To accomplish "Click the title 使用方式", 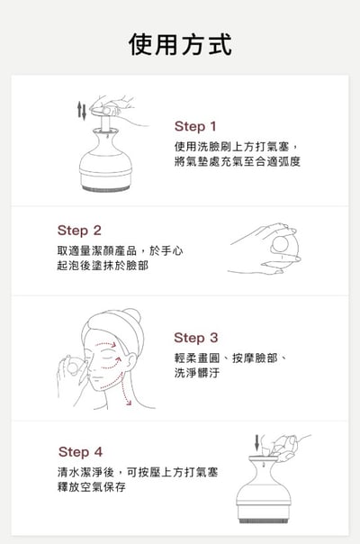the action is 180,45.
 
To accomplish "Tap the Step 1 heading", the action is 195,127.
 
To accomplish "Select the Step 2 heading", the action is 79,231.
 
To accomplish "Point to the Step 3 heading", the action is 196,338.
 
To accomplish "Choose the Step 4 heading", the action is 80,452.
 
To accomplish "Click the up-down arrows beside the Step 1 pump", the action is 82,111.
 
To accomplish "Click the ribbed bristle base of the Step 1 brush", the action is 106,188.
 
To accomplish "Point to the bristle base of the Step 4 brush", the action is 264,521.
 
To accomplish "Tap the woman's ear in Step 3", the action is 130,361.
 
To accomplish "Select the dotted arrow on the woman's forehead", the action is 105,345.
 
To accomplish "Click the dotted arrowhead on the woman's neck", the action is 129,403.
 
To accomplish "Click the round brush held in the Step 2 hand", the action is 281,244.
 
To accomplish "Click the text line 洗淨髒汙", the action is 196,373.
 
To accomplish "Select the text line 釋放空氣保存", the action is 92,486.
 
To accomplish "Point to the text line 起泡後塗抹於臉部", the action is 103,266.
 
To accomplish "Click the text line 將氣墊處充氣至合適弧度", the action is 238,162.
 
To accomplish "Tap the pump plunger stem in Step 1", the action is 105,123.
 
